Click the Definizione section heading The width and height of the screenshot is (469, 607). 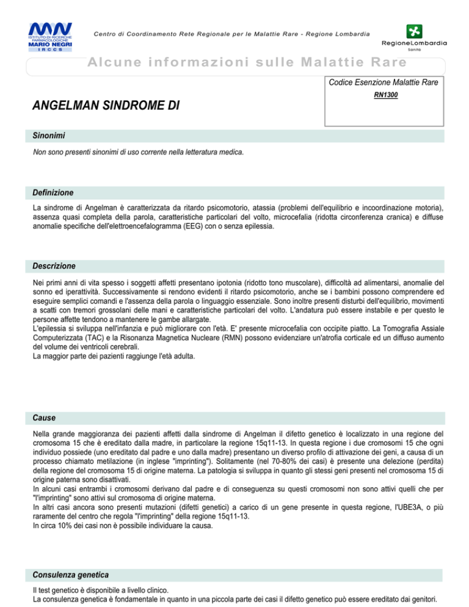53,192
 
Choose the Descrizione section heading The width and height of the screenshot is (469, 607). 54,266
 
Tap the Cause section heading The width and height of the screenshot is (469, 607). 43,418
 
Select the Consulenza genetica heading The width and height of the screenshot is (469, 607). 70,575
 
